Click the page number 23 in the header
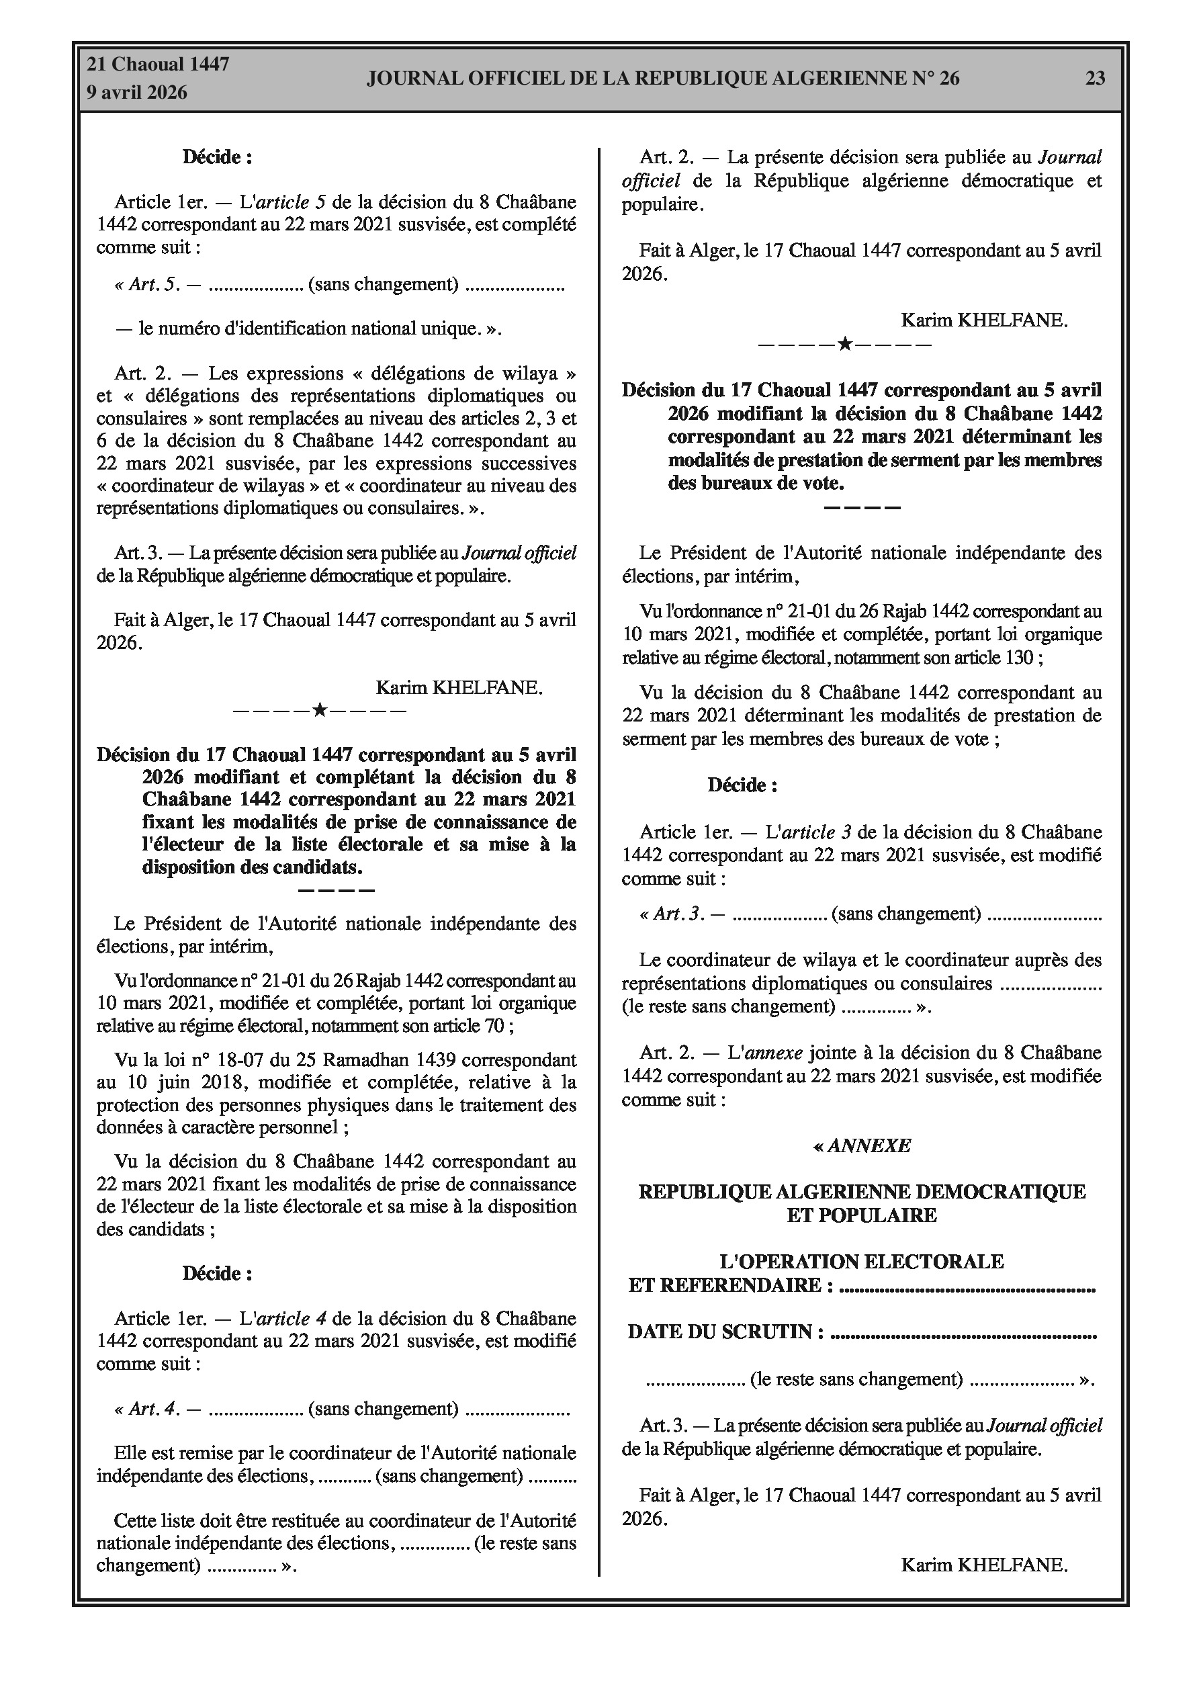[x=1095, y=79]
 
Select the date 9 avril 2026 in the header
[x=138, y=93]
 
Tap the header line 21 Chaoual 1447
[x=159, y=64]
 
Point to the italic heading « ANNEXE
[x=862, y=1145]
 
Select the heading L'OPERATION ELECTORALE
[x=862, y=1262]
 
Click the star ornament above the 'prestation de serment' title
[x=845, y=345]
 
